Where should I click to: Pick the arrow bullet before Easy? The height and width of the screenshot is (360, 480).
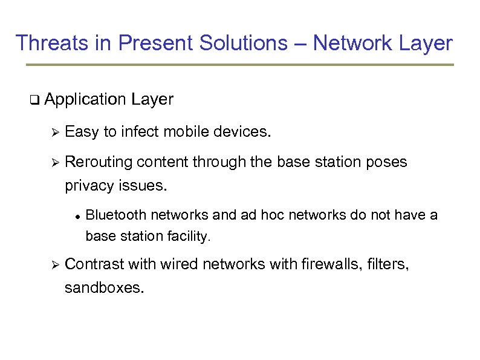[x=53, y=132]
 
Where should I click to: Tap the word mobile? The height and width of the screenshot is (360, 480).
[x=186, y=132]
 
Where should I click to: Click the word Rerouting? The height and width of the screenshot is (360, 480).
[x=99, y=163]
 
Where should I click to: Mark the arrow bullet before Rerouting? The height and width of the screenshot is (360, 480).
[x=53, y=163]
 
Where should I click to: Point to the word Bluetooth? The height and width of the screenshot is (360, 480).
[x=116, y=215]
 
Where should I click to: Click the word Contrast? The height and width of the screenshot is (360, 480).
[x=94, y=264]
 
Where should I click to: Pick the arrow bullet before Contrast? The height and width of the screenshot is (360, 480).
[x=53, y=264]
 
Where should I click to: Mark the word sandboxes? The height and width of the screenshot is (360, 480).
[x=104, y=287]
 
